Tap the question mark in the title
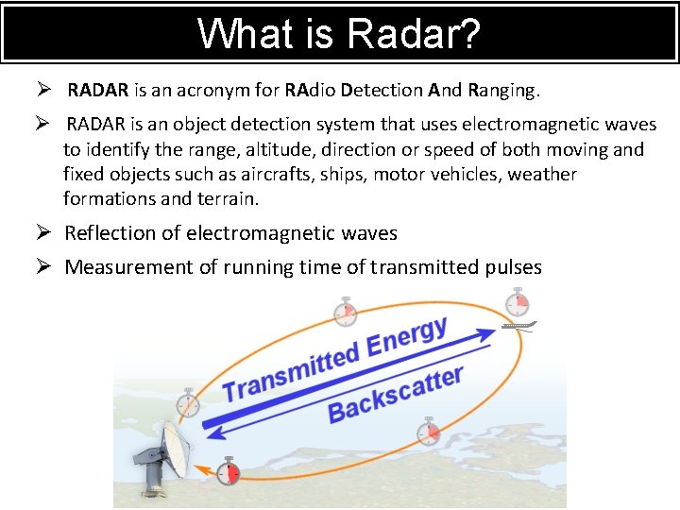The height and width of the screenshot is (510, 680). click(470, 34)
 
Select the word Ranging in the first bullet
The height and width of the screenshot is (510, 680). click(501, 91)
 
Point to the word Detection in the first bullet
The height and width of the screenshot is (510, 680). click(382, 91)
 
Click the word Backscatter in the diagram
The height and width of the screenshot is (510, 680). click(396, 395)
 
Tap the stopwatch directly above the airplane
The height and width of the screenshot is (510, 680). click(517, 303)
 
